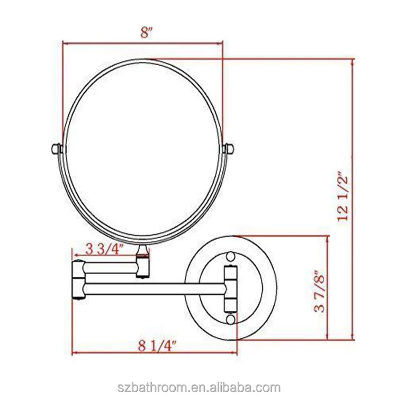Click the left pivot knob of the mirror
click(x=56, y=149)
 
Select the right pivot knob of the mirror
click(x=229, y=149)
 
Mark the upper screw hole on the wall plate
click(x=230, y=257)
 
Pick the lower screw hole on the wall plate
click(x=230, y=320)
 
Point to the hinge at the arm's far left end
click(x=77, y=281)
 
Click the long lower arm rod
click(x=154, y=288)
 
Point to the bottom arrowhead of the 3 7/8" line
click(x=330, y=337)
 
